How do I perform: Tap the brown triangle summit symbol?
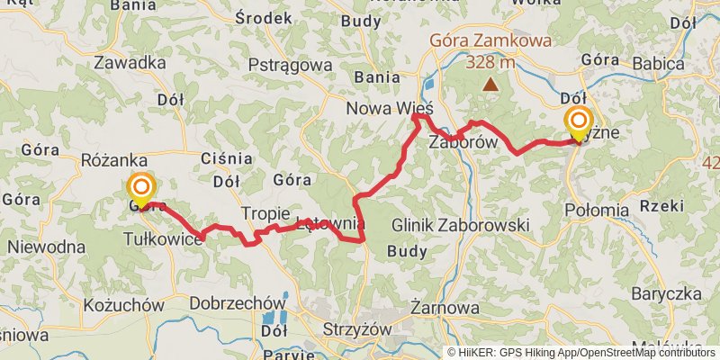coord(490,85)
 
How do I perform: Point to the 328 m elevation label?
coord(490,63)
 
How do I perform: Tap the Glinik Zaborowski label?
coord(461,225)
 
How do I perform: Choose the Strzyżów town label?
coord(358,329)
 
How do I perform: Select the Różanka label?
coord(107,158)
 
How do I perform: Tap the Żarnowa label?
coord(444,309)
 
